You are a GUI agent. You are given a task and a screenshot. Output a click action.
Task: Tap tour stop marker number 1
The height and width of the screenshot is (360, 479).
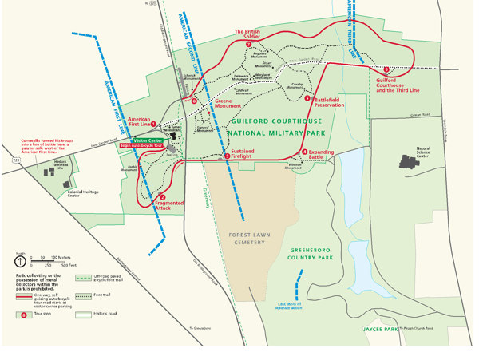click(153, 125)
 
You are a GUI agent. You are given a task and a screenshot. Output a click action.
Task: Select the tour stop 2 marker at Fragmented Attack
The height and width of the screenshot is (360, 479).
click(162, 197)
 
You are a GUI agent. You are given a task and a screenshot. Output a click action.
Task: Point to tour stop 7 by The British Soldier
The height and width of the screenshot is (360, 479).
click(248, 44)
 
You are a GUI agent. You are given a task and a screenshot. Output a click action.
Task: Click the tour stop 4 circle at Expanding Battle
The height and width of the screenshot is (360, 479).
click(304, 152)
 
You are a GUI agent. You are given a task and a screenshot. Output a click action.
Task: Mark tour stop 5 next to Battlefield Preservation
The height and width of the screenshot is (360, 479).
click(307, 98)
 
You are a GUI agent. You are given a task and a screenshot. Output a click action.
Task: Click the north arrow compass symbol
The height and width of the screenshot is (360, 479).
click(19, 260)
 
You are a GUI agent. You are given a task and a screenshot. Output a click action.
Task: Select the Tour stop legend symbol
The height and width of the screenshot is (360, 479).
click(24, 315)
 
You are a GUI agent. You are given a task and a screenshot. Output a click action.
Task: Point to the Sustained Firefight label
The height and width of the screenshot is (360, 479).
click(242, 153)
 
